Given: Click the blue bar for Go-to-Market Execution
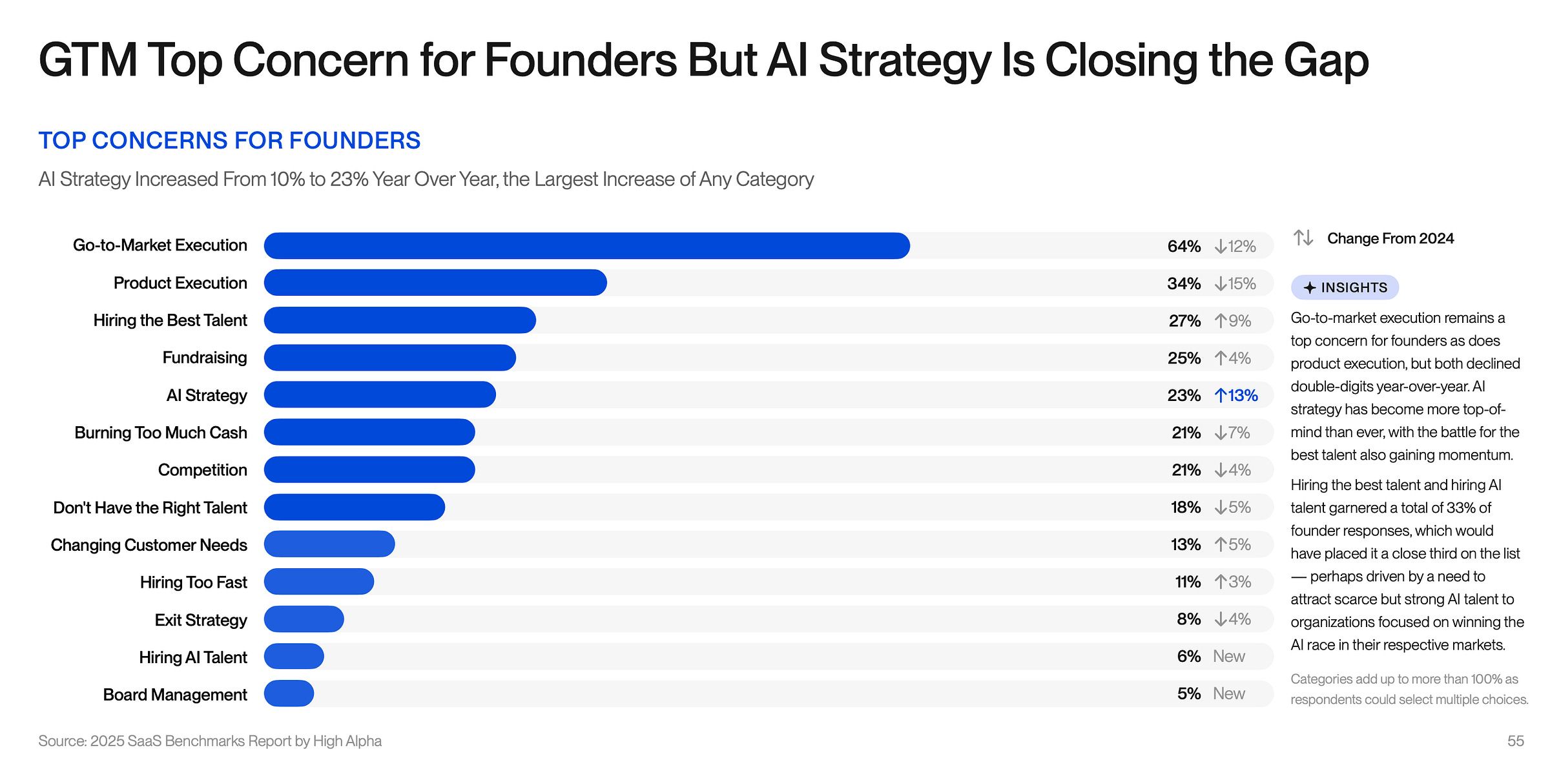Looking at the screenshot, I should [x=586, y=246].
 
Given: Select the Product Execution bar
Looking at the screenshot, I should [x=435, y=283].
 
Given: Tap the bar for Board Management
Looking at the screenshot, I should [x=289, y=693].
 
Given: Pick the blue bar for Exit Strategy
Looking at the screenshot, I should [x=304, y=619].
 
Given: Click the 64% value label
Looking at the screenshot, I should [x=1183, y=247].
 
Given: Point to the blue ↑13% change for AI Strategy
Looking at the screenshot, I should [x=1235, y=395].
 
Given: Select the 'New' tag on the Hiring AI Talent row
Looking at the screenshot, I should [x=1228, y=657].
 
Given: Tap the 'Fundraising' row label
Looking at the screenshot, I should [x=204, y=358].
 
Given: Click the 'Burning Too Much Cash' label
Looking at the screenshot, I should [x=161, y=433].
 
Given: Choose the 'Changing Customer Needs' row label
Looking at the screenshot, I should [x=149, y=545].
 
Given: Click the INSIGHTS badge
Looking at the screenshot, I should [x=1345, y=287].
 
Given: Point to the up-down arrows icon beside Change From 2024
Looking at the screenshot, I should [x=1303, y=238].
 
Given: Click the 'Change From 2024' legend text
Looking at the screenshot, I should [x=1390, y=238].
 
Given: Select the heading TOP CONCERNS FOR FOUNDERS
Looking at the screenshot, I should [x=229, y=140].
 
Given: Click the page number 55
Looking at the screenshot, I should [x=1515, y=741].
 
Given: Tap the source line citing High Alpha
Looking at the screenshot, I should [x=210, y=741].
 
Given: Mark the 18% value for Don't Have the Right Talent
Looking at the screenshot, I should [x=1185, y=508].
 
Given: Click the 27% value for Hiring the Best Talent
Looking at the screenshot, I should [x=1184, y=321].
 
